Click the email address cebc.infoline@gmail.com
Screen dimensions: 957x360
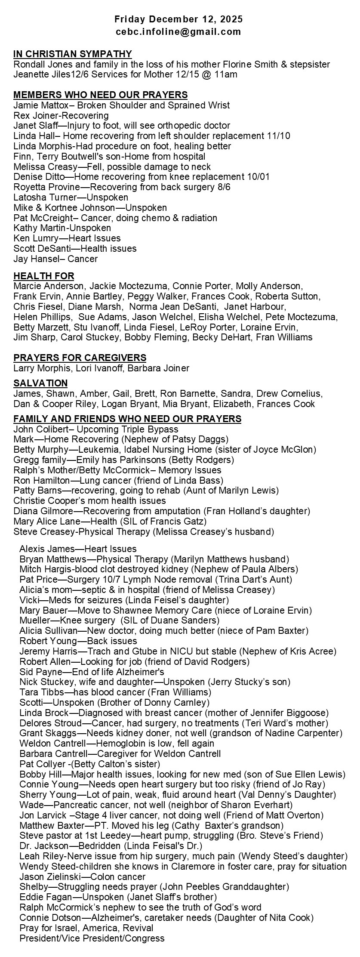178,31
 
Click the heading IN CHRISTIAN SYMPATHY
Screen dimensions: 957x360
72,54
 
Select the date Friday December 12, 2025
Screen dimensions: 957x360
178,19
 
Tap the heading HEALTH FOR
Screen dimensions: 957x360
43,276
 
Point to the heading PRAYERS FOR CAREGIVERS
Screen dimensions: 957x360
80,358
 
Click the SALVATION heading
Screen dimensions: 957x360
40,383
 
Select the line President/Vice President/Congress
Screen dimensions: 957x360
92,938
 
